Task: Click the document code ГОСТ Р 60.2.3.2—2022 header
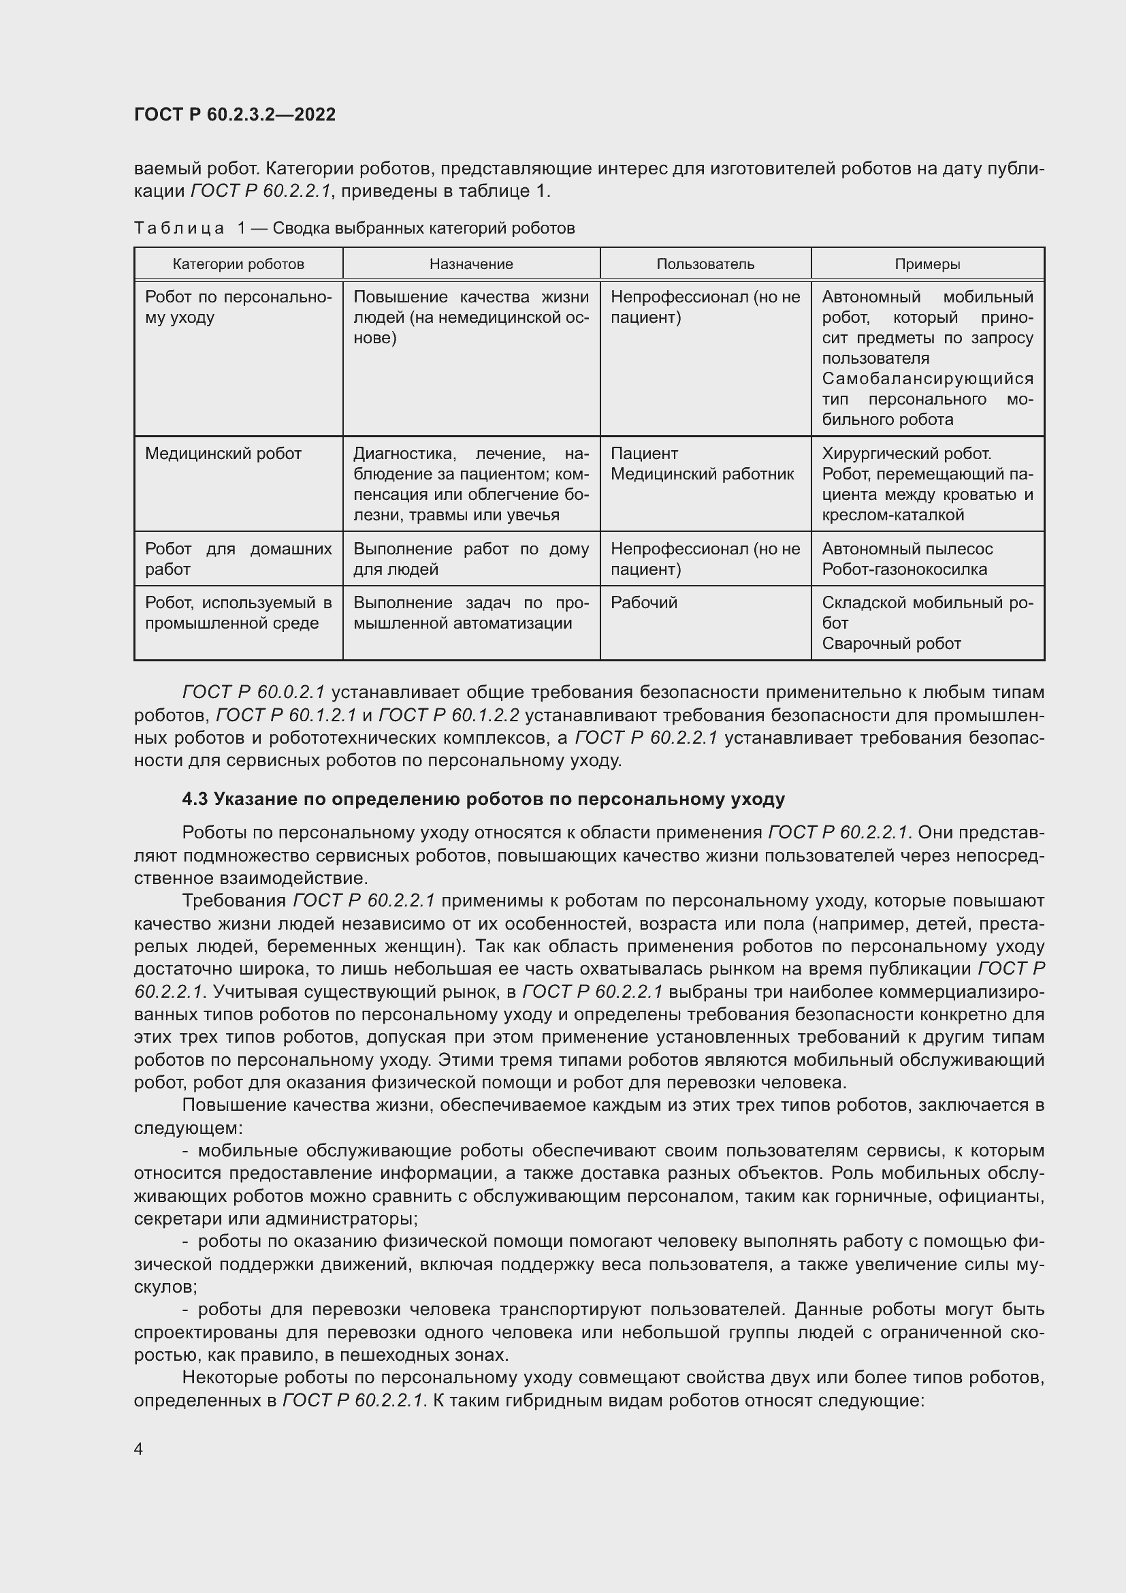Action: [234, 114]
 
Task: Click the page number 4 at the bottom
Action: [139, 1449]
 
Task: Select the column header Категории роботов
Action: [238, 264]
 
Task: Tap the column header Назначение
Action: [471, 264]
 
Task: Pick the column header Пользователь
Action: [705, 264]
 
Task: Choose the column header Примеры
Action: [927, 264]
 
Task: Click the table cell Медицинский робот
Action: [223, 454]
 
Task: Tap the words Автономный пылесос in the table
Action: [907, 549]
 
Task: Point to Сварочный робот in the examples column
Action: [891, 643]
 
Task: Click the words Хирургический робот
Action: [906, 454]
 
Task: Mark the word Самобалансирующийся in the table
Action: [927, 379]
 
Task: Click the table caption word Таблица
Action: [179, 228]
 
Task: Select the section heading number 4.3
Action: [195, 800]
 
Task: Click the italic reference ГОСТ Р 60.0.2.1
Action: [254, 693]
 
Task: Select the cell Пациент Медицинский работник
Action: [702, 464]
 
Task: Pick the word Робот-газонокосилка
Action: [904, 569]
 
